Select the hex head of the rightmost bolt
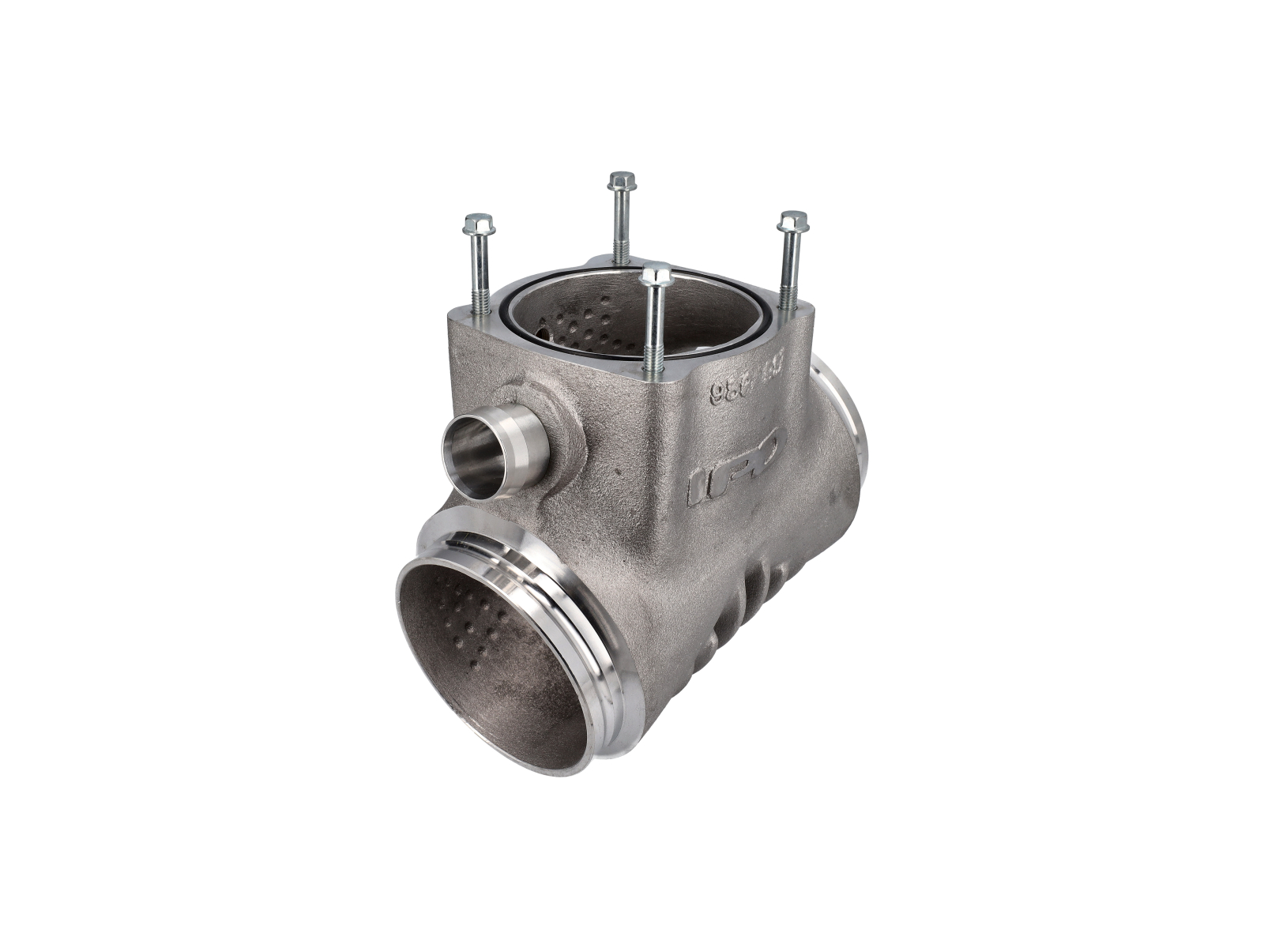point(792,221)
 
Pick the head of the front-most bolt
point(656,276)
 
